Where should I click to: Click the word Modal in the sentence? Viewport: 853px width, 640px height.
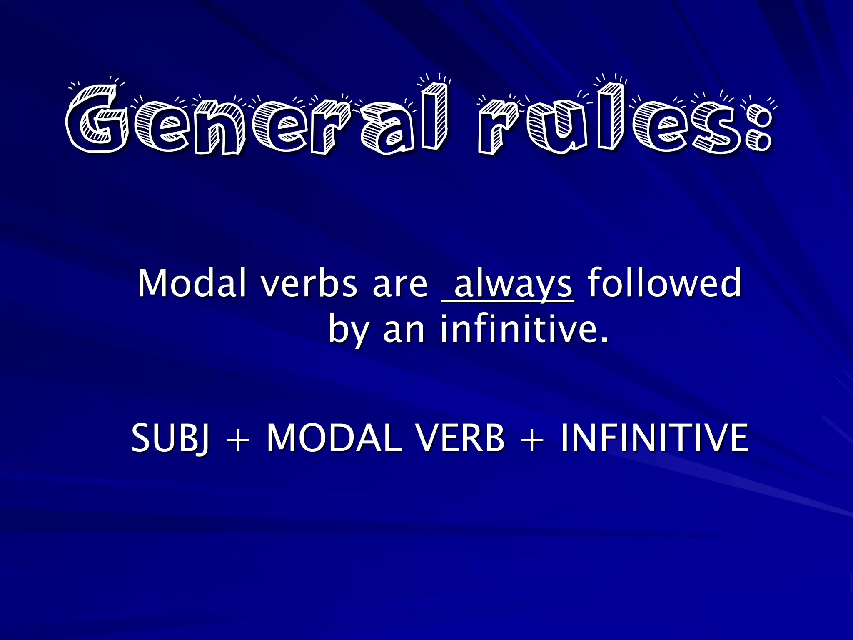point(192,283)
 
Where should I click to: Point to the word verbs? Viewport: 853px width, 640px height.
point(309,283)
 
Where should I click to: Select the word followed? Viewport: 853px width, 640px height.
point(664,283)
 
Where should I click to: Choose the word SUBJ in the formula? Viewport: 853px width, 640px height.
point(170,438)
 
